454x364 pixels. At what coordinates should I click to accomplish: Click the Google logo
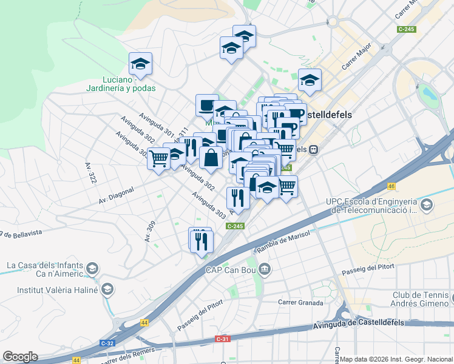[20, 356]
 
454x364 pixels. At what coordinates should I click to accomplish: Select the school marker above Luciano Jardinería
[140, 64]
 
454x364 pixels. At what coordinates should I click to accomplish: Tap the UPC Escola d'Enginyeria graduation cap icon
[428, 205]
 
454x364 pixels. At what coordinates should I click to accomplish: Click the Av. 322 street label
[91, 173]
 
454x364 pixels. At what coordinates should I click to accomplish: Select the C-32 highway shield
[108, 343]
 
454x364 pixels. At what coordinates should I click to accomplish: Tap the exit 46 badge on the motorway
[391, 187]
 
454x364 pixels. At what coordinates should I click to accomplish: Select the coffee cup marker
[207, 105]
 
